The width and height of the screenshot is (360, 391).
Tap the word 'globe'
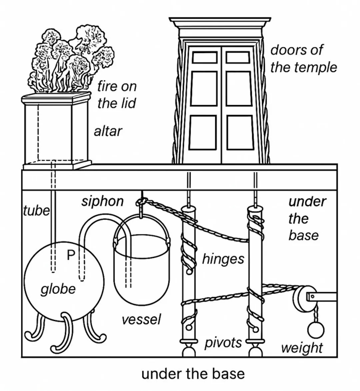[x=58, y=289]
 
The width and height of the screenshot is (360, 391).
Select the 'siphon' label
[x=102, y=201]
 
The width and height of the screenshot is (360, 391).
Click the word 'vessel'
[x=141, y=319]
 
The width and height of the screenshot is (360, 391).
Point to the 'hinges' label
[x=223, y=259]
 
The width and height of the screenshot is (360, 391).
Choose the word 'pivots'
[x=223, y=342]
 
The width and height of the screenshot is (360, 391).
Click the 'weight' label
[x=302, y=348]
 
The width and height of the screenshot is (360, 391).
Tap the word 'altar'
[x=108, y=131]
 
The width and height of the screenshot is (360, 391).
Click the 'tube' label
[x=36, y=211]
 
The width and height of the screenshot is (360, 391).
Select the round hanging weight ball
[x=315, y=330]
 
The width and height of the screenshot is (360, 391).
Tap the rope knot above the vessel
[x=141, y=202]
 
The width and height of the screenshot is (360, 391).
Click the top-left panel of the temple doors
[x=205, y=57]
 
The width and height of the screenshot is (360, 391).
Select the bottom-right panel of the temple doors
[x=240, y=132]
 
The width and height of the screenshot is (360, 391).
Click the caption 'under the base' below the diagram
[x=193, y=374]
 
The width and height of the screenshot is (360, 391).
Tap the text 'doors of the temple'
[x=303, y=59]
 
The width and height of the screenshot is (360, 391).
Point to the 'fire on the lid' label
[x=117, y=95]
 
